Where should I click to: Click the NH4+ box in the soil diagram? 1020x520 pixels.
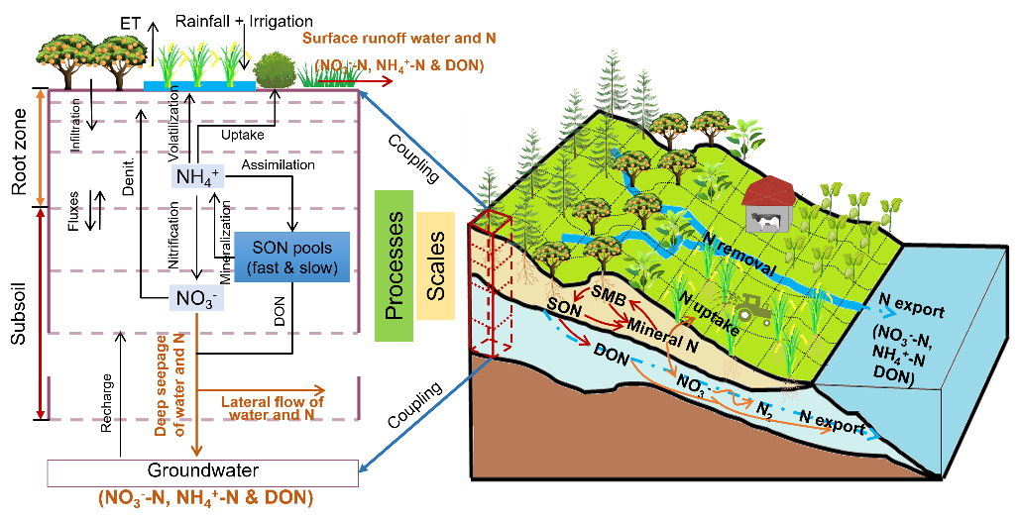(x=196, y=176)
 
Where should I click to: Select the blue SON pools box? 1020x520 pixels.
(x=291, y=258)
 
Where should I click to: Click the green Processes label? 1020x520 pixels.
(x=394, y=265)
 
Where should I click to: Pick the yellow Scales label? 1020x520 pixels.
(x=435, y=265)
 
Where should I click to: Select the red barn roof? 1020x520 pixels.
(x=770, y=188)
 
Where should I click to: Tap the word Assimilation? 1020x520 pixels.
(x=278, y=165)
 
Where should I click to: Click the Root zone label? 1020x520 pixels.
(x=20, y=153)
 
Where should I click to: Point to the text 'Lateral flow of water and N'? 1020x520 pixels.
(x=272, y=407)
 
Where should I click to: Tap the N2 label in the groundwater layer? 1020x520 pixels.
(x=764, y=411)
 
